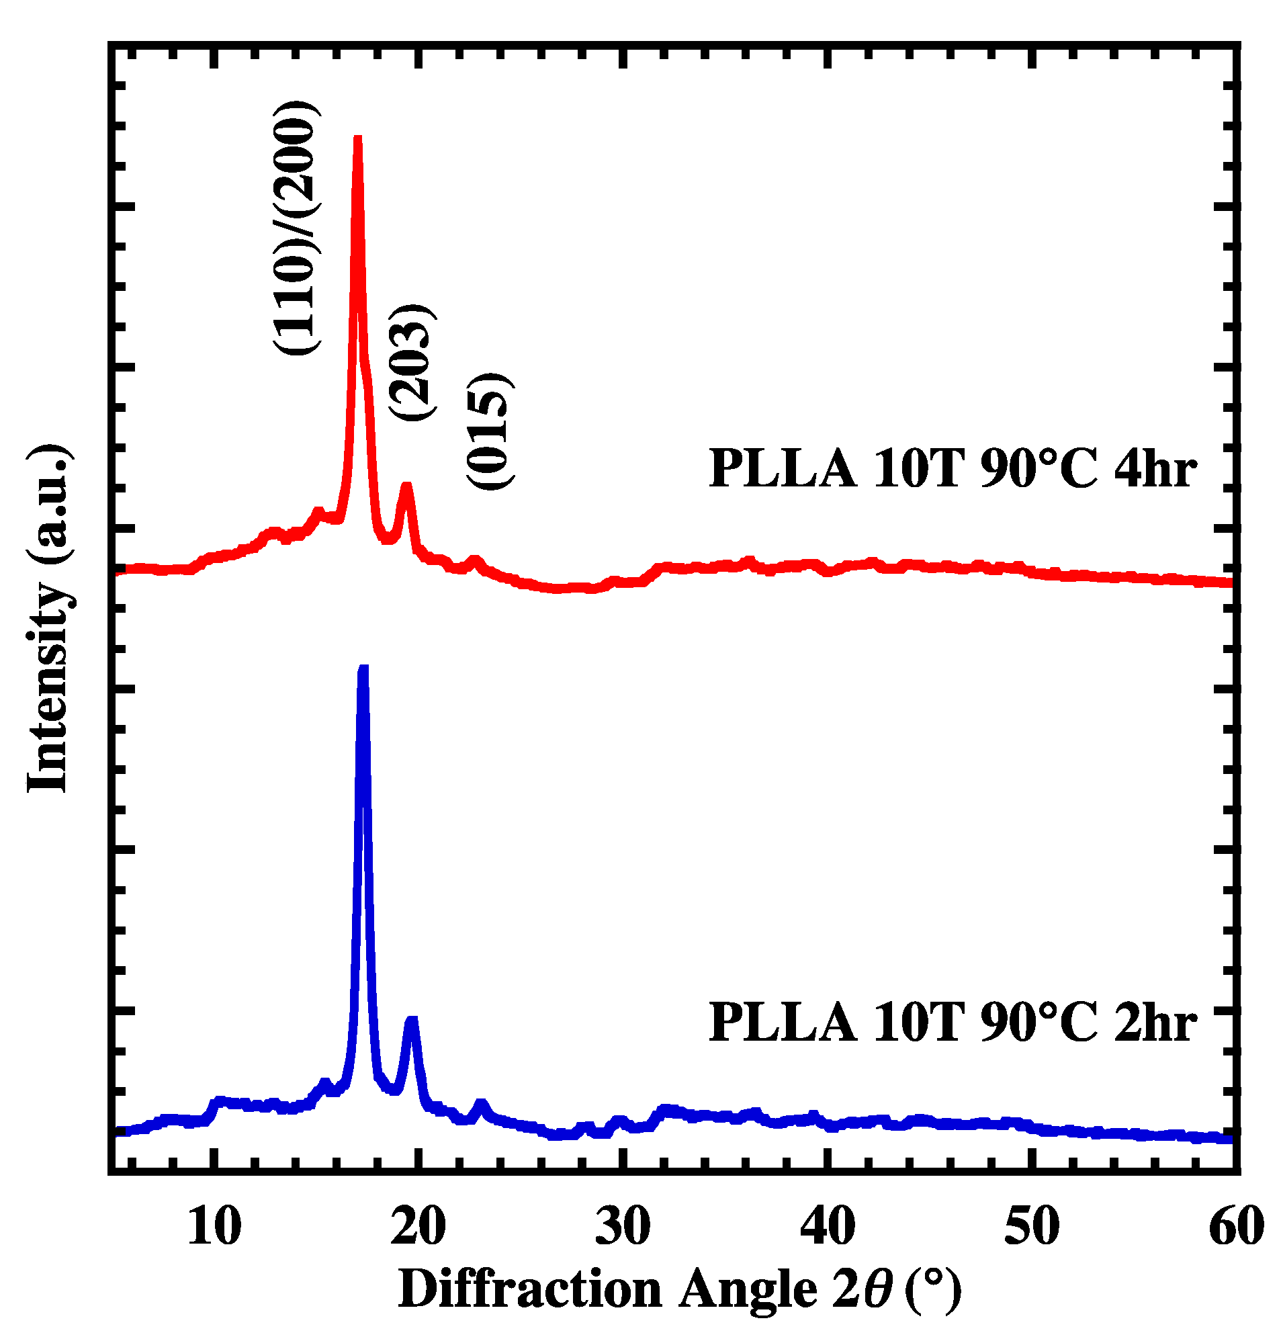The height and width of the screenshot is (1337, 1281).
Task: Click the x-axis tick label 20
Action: [418, 1226]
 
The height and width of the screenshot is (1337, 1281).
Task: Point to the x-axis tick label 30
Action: [623, 1226]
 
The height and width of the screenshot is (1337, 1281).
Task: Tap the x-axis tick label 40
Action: [828, 1226]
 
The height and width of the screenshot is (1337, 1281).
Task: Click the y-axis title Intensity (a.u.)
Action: [48, 617]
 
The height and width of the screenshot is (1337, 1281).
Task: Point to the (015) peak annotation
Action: [490, 431]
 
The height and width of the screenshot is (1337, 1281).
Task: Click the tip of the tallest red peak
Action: [357, 138]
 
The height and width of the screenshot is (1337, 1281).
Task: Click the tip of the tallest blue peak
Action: [363, 668]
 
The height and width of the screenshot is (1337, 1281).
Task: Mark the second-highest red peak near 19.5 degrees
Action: [406, 486]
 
